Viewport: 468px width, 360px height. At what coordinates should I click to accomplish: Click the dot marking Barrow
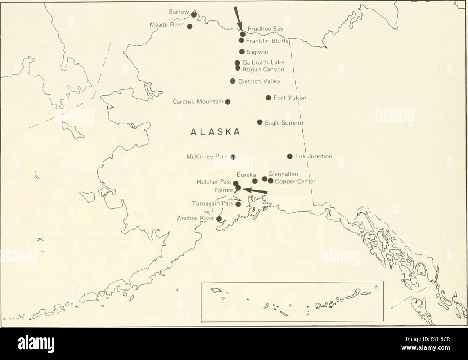(x=194, y=14)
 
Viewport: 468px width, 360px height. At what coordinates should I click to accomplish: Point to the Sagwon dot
(x=242, y=51)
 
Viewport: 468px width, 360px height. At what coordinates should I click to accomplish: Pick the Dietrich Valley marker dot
(x=233, y=81)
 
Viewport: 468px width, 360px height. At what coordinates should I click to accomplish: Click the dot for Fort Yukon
(x=268, y=98)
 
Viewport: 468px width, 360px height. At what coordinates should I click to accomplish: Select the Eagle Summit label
(x=284, y=123)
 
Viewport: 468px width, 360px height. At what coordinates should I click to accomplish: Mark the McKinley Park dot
(x=233, y=157)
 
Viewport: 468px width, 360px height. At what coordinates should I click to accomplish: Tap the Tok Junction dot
(x=289, y=156)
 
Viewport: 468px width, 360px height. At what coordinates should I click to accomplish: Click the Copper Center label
(x=295, y=181)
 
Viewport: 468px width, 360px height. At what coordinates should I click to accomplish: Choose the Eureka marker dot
(x=255, y=181)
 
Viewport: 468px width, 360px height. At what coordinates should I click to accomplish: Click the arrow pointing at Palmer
(x=255, y=191)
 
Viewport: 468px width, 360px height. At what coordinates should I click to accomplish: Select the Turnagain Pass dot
(x=238, y=204)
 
